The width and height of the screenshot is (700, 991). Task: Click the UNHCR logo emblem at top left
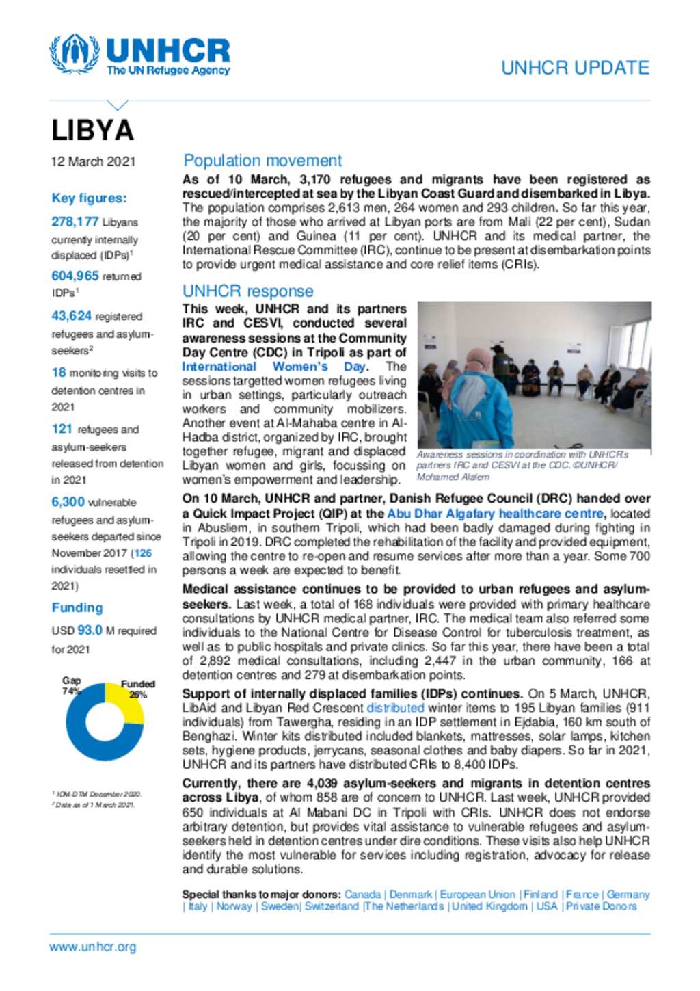(x=74, y=54)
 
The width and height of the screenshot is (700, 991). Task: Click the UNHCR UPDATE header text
(x=574, y=68)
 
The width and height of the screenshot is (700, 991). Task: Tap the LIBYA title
(x=93, y=131)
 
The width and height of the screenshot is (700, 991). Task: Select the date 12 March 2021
(x=93, y=161)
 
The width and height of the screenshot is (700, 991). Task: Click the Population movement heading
(x=262, y=161)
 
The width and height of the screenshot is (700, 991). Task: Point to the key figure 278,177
(x=75, y=222)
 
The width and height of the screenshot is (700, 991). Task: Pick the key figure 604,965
(x=75, y=276)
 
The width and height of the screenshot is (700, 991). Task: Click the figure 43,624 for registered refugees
(x=71, y=316)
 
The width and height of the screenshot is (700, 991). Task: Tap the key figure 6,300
(x=68, y=502)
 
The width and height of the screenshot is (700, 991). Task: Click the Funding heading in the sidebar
(x=77, y=607)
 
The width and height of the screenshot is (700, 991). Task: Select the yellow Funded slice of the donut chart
(x=127, y=702)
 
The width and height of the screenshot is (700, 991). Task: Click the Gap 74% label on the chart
(x=71, y=685)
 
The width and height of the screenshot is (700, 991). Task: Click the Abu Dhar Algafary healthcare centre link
(x=495, y=514)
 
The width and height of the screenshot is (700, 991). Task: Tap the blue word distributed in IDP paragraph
(x=395, y=708)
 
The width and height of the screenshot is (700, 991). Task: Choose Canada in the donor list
(x=362, y=895)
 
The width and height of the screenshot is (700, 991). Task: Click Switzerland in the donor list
(x=332, y=906)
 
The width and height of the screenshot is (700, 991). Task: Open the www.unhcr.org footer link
(x=92, y=947)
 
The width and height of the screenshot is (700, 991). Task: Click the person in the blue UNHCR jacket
(x=479, y=404)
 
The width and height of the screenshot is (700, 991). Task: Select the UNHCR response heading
(x=247, y=291)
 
